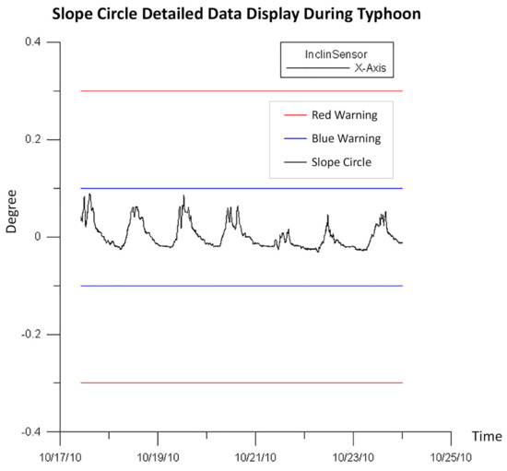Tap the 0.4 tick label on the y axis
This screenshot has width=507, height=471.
pos(33,41)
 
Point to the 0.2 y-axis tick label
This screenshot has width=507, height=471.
pos(33,139)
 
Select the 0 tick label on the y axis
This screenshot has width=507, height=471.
pos(38,237)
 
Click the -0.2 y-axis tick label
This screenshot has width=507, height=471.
pos(31,334)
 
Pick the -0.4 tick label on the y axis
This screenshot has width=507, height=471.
pos(31,431)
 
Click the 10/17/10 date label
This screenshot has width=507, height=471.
pos(60,457)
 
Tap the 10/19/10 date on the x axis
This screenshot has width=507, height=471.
pos(159,457)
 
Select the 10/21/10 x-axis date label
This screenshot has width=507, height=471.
pos(255,457)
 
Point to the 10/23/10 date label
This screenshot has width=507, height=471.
pos(353,457)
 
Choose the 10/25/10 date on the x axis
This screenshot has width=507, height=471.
pos(451,457)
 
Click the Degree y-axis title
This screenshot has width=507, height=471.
pos(11,211)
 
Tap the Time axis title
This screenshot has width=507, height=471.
pos(487,436)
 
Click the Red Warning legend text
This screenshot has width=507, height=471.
pos(345,115)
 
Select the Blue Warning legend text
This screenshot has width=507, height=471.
pos(346,138)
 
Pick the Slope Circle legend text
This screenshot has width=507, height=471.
pos(341,162)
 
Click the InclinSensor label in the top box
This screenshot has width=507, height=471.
pos(336,54)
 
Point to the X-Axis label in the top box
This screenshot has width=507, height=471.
pos(371,68)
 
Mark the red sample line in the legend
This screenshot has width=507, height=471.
pos(295,115)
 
